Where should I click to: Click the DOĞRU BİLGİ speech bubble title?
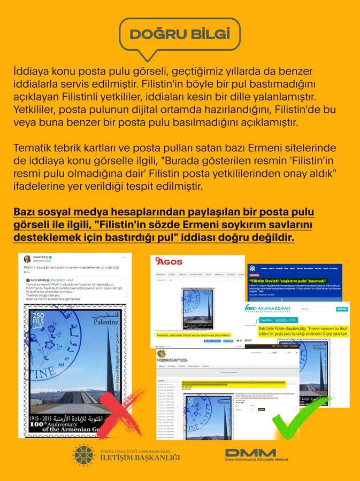pos(180,34)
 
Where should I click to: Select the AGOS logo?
pos(169,261)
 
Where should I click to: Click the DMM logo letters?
pos(250,453)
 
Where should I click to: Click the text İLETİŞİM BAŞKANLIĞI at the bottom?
pos(140,457)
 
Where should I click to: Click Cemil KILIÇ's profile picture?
pos(27,259)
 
